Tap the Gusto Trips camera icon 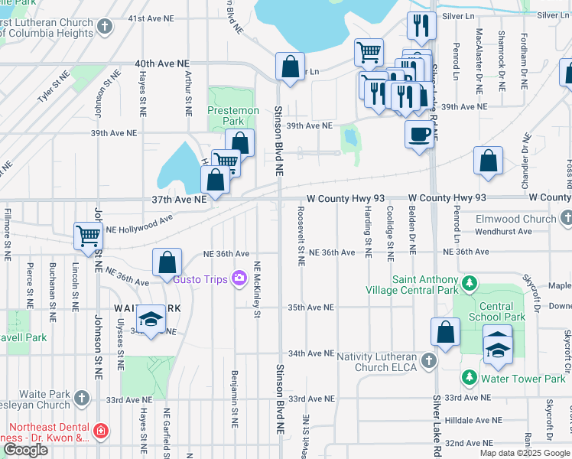[239, 278]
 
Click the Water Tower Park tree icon [470, 377]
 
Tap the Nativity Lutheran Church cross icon [429, 360]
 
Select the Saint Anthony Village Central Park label [425, 285]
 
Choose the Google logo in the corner [26, 450]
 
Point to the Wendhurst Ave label [503, 231]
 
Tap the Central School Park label [496, 311]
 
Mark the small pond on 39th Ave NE [351, 138]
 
